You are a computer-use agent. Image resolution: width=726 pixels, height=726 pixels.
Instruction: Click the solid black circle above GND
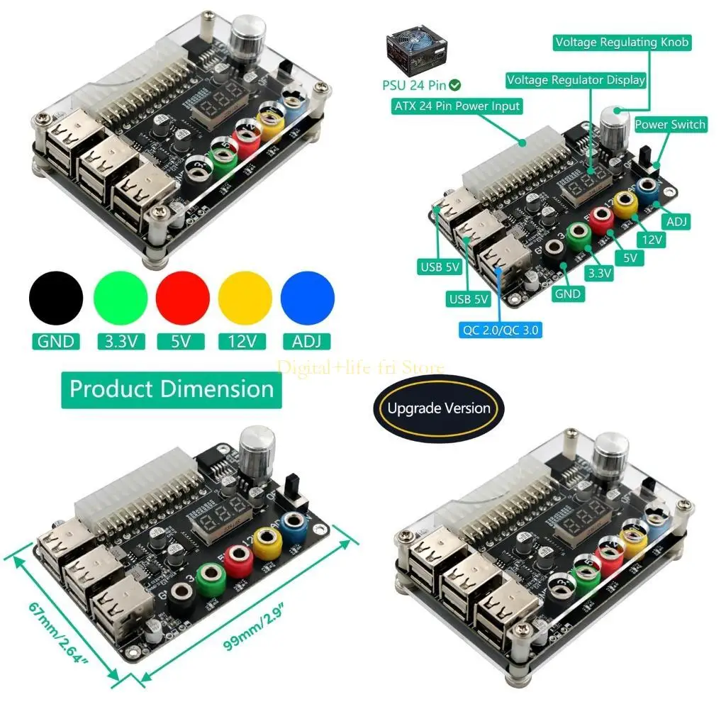(56, 298)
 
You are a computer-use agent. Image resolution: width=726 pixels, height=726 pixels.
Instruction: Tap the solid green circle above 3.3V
(120, 298)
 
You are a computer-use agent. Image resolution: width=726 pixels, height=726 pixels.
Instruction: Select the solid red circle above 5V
(183, 298)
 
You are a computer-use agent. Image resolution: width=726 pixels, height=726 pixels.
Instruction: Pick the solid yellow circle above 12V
(245, 298)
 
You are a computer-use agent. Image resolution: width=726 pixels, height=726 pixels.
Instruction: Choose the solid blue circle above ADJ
(308, 298)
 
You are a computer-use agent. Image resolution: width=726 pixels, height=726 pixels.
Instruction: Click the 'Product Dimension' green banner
(172, 389)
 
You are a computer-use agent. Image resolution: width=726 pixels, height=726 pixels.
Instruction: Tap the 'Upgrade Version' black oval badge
(439, 408)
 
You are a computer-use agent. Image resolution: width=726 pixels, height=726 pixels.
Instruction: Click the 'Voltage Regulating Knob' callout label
(622, 43)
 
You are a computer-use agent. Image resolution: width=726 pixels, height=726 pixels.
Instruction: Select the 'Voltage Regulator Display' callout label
(576, 80)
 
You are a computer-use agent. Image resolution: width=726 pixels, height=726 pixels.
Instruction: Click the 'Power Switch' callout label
(670, 125)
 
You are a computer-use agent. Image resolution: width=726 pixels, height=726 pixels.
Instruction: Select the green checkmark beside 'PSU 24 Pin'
(454, 85)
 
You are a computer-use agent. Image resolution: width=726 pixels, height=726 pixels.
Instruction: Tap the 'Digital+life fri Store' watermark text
(361, 367)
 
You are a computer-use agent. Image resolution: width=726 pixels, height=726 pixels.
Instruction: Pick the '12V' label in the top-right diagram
(650, 240)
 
